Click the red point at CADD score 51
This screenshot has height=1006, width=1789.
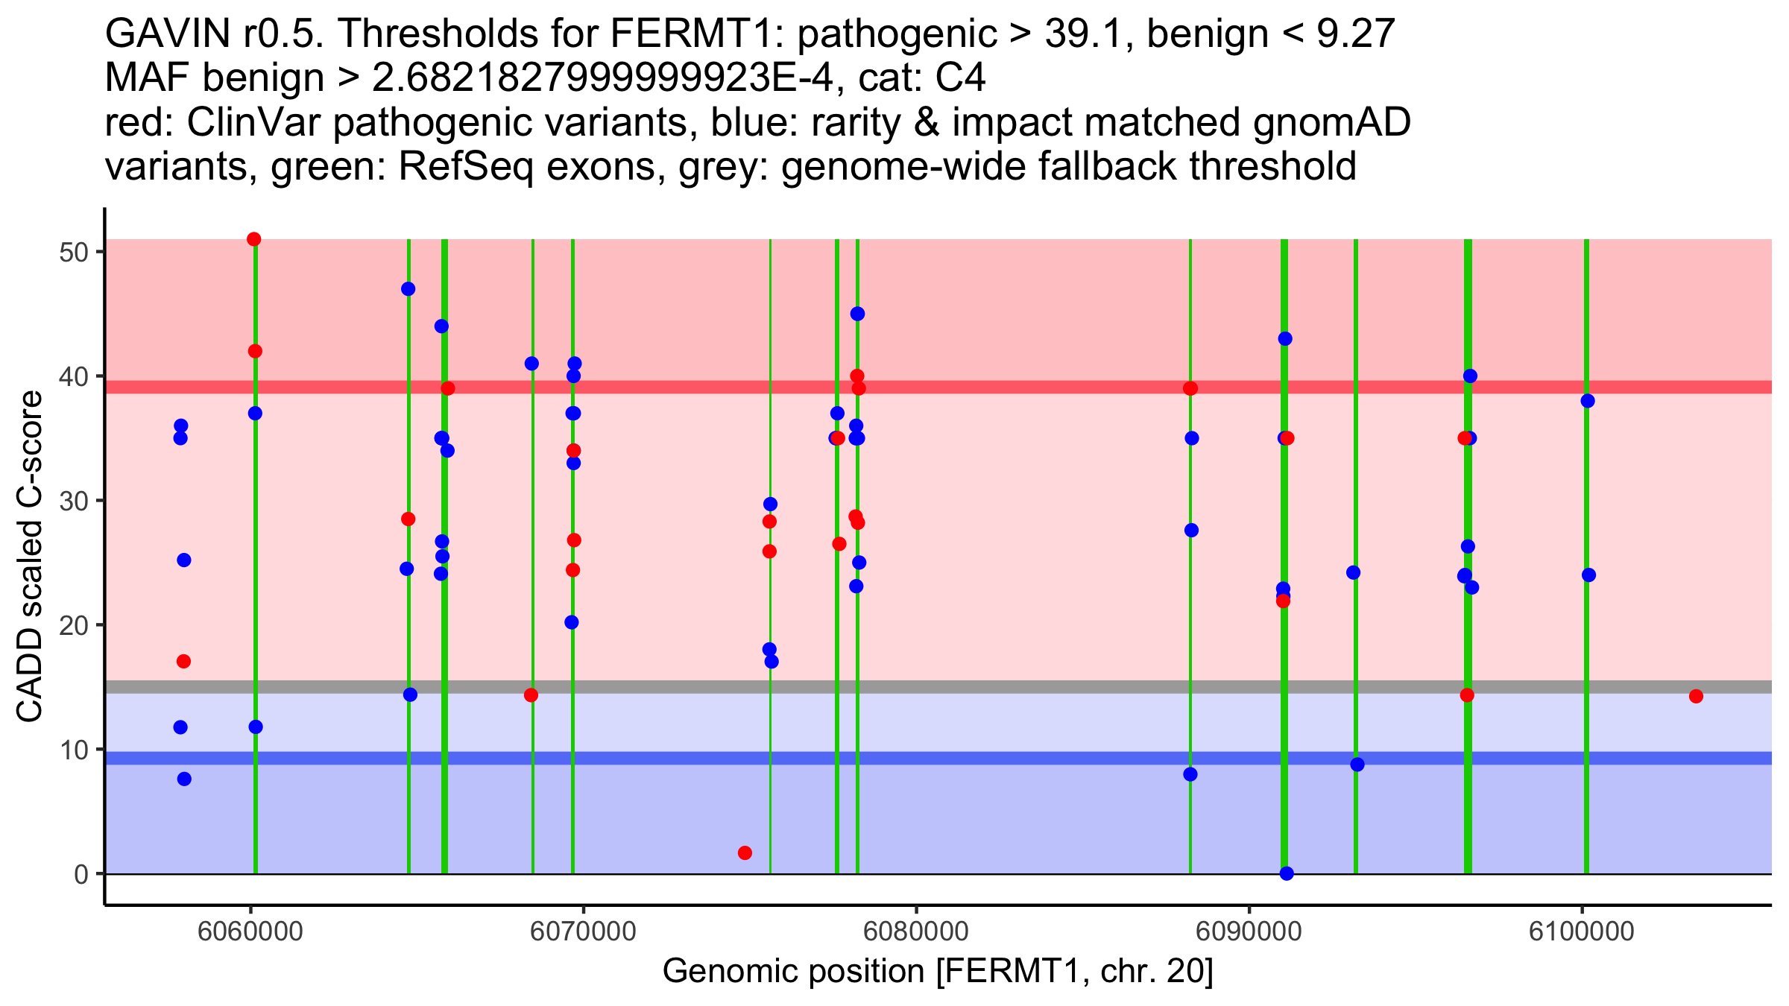point(254,239)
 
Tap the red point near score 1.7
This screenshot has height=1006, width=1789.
point(745,852)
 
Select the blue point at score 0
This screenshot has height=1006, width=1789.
point(1287,873)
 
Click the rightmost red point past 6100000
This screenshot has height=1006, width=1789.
point(1696,696)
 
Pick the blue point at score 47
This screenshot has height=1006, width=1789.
point(408,289)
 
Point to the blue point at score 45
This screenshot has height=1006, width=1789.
point(857,314)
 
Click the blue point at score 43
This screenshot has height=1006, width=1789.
point(1285,339)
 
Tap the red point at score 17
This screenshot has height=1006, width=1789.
point(184,662)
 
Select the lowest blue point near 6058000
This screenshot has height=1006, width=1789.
point(184,779)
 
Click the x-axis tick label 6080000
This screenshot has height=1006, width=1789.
point(916,931)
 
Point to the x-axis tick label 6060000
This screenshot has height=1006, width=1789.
point(250,931)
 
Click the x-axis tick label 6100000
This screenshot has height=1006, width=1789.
point(1582,931)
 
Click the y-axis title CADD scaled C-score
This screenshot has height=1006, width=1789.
point(30,557)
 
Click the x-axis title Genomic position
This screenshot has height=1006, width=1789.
point(938,972)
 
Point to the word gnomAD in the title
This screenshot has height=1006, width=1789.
point(1331,122)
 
